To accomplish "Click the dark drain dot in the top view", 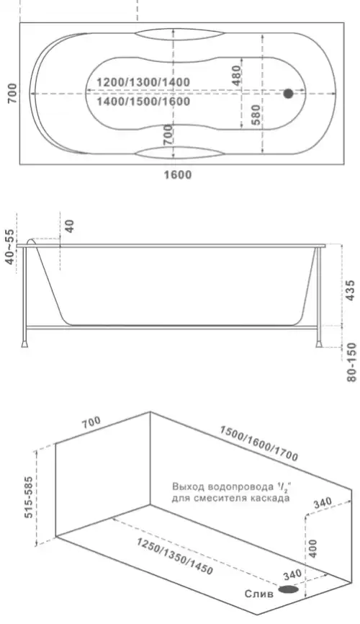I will pyautogui.click(x=288, y=94).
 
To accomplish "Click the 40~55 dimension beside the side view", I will pyautogui.click(x=9, y=247).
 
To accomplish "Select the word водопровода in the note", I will pyautogui.click(x=232, y=486).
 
